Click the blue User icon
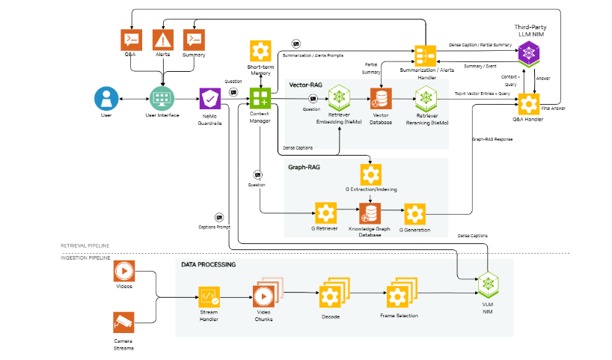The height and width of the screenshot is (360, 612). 105,98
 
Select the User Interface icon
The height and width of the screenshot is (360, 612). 162,98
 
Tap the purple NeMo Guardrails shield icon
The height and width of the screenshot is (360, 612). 209,98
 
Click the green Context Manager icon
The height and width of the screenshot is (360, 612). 260,98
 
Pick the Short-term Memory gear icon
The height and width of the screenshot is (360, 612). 260,51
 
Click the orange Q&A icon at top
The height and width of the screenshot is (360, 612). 132,39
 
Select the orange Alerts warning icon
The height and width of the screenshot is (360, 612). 163,39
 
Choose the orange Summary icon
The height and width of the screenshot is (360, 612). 194,39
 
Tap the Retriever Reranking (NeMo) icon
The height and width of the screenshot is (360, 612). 426,97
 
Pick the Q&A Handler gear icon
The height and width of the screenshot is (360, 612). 530,103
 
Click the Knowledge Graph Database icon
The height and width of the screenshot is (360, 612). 370,214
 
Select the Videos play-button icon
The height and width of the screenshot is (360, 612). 123,269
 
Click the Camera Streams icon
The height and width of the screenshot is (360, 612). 123,322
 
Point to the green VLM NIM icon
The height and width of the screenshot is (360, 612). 489,285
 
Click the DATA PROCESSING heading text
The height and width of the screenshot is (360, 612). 208,265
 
